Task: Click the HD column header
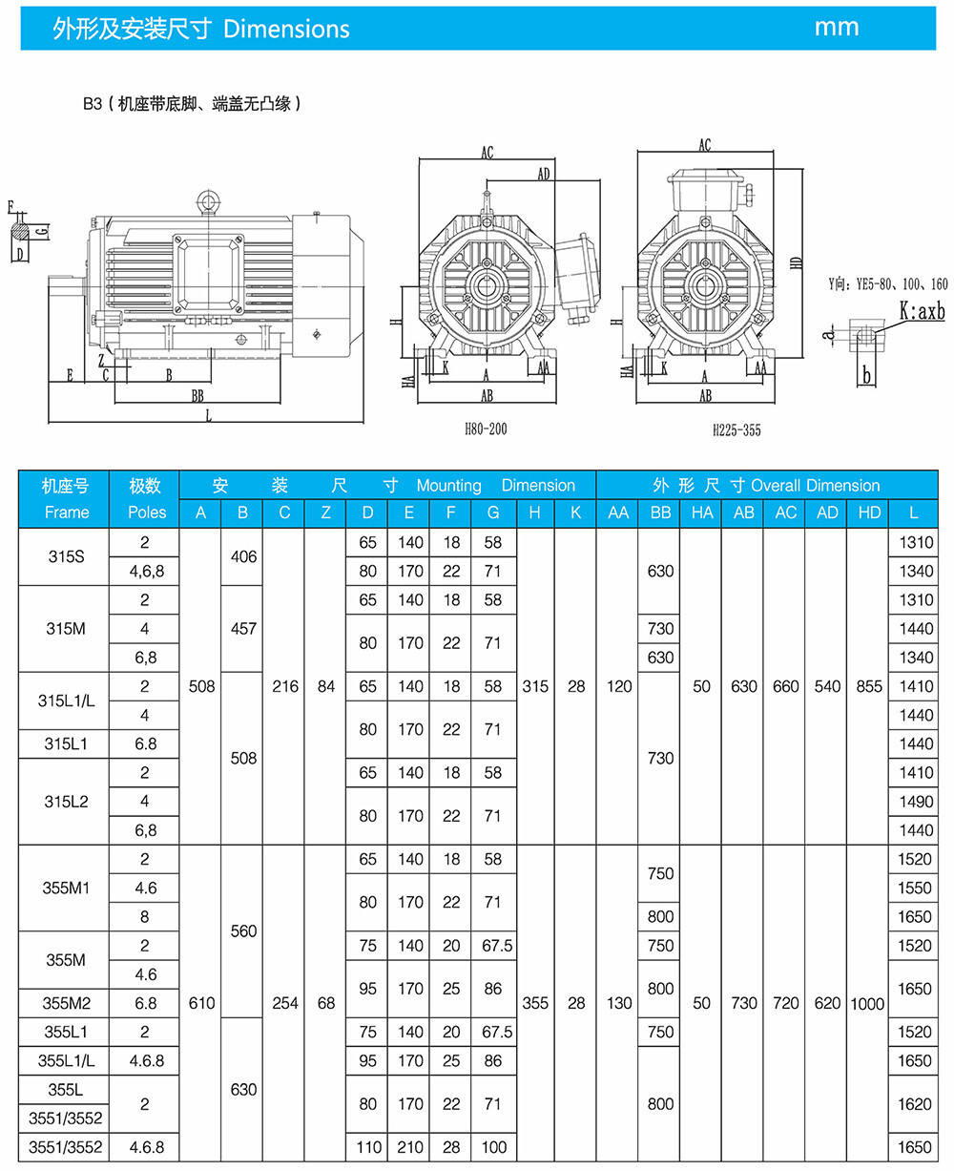(869, 512)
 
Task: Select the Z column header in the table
(325, 512)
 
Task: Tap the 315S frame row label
(66, 556)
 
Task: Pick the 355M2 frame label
(66, 1003)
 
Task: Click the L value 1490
(916, 802)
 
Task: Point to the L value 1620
(915, 1104)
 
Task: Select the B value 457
(243, 628)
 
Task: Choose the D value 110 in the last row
(368, 1147)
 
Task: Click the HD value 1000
(867, 1004)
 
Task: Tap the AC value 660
(785, 686)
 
